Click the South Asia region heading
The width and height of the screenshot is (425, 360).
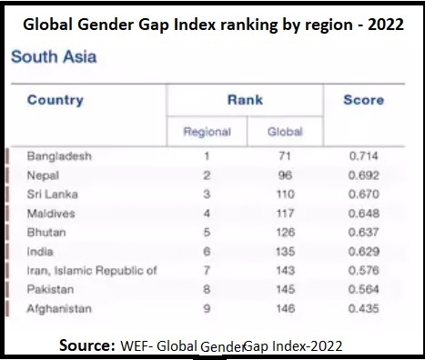point(54,56)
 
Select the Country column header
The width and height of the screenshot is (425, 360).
point(56,100)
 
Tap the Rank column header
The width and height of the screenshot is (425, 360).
point(245,100)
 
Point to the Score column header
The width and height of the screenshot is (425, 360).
point(363,100)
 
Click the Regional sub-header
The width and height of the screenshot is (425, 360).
point(207,132)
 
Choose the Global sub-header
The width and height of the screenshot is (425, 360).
point(285,132)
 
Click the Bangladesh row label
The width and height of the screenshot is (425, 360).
point(59,156)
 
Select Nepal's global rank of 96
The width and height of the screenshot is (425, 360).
point(285,175)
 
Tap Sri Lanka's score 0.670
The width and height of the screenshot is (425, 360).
point(363,195)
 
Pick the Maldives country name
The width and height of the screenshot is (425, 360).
point(51,214)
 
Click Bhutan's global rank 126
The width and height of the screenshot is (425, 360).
point(285,233)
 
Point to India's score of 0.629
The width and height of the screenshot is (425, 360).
point(363,252)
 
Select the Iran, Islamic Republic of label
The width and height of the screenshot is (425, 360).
point(92,271)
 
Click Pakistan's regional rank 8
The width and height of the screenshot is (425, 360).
point(207,289)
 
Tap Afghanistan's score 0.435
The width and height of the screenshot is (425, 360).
point(363,308)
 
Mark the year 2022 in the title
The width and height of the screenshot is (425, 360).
point(386,25)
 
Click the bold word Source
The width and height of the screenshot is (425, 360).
point(87,345)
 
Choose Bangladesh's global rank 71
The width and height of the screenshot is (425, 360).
point(285,156)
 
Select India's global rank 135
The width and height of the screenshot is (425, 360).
point(285,252)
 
